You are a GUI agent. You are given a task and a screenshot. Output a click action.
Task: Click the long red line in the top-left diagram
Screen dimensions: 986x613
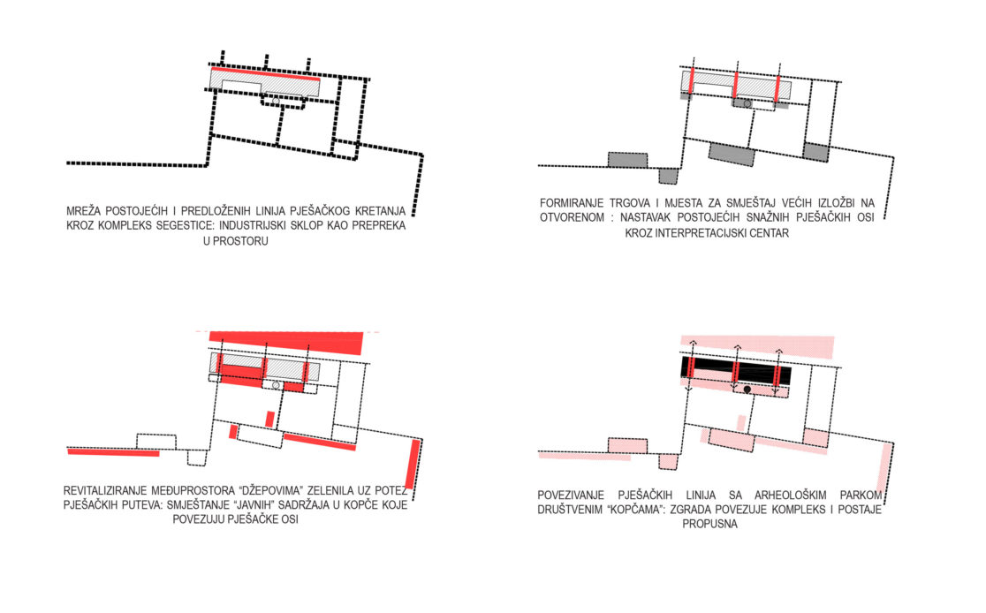(265, 73)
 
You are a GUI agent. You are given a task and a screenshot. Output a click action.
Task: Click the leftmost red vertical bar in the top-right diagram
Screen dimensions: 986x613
(690, 82)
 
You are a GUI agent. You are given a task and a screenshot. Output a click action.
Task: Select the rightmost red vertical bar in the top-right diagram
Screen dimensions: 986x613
(777, 88)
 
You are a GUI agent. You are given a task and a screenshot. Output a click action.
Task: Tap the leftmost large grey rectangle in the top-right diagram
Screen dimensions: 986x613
(627, 160)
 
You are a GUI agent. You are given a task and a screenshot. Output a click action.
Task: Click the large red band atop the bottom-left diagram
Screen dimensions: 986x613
(286, 342)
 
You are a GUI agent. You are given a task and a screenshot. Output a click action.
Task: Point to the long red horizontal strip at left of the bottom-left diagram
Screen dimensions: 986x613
(113, 452)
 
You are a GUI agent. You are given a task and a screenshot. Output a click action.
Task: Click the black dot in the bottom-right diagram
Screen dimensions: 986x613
(747, 390)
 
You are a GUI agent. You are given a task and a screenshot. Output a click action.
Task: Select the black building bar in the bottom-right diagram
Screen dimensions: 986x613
(736, 371)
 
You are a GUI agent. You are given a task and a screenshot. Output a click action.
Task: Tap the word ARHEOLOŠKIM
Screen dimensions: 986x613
(793, 496)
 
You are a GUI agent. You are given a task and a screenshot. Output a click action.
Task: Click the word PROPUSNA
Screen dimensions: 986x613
(710, 525)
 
